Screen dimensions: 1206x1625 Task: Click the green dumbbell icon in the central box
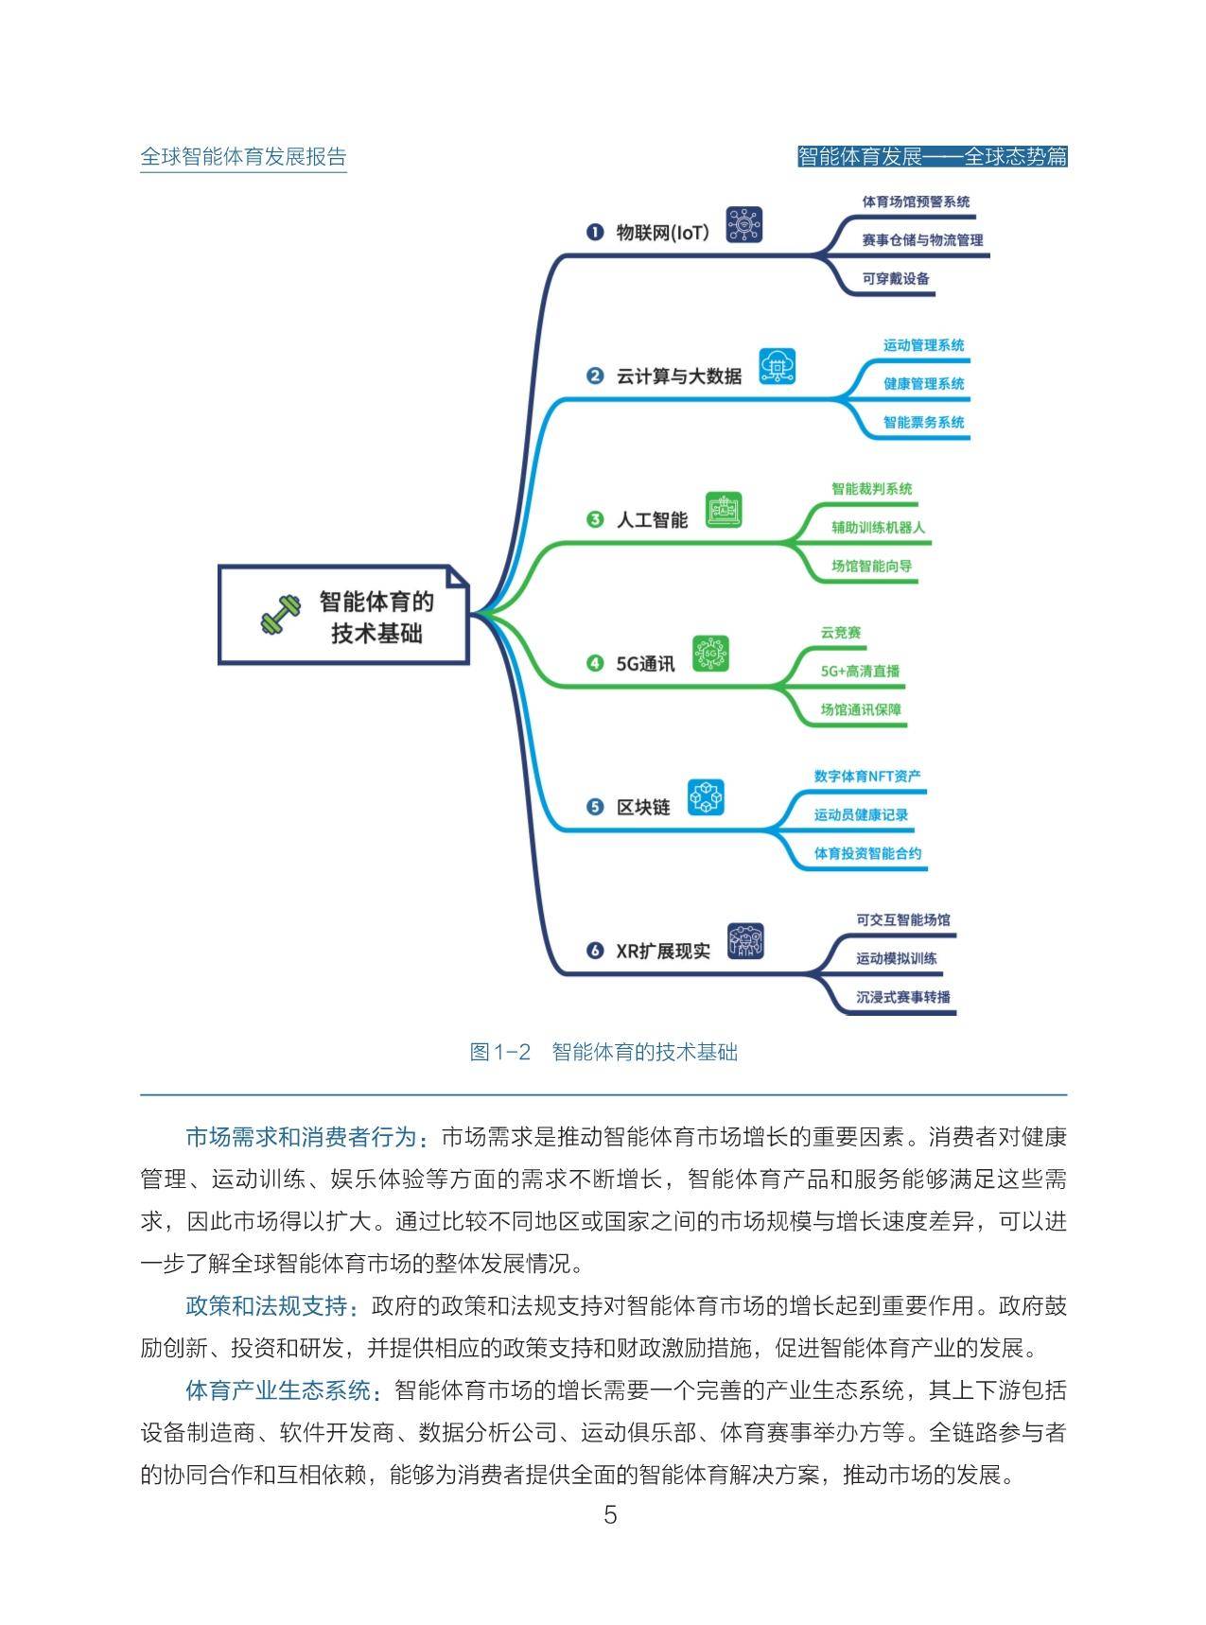[x=280, y=615]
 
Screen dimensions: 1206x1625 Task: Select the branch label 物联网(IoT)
[x=662, y=232]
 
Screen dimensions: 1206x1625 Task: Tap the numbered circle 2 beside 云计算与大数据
[x=595, y=376]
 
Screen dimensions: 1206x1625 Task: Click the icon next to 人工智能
[x=725, y=510]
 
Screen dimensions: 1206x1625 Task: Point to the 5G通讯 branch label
[x=645, y=663]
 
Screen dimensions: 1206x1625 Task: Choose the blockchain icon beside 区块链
[x=706, y=797]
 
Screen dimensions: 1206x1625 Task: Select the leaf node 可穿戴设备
[x=896, y=279]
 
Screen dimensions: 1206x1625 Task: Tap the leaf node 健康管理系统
[x=924, y=384]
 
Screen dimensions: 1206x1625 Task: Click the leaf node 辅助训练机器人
[x=879, y=528]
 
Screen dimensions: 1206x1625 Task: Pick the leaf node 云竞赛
[x=841, y=633]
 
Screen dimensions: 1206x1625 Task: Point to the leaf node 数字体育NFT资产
[x=867, y=777]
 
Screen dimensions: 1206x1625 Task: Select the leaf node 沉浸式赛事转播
[x=903, y=997]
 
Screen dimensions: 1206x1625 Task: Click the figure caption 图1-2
[x=501, y=1052]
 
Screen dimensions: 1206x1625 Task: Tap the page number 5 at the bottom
[x=610, y=1515]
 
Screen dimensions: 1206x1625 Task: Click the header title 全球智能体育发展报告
[x=243, y=157]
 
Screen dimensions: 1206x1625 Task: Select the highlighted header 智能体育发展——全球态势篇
[x=933, y=157]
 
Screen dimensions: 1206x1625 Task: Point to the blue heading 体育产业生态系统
[x=278, y=1390]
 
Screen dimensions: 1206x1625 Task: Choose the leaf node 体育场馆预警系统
[x=916, y=201]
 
